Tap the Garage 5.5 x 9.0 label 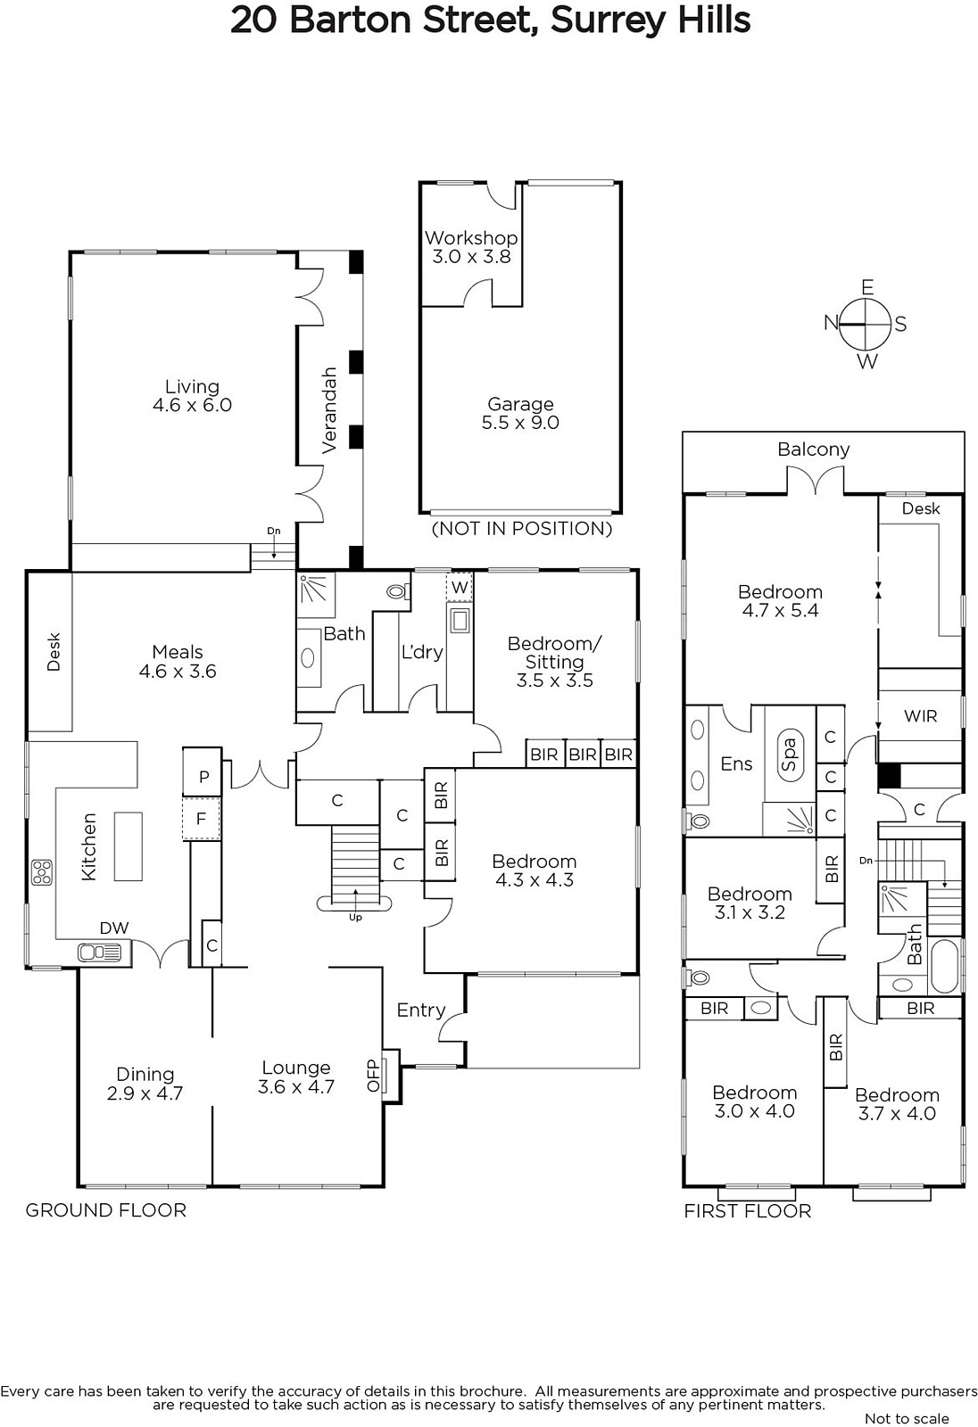[520, 413]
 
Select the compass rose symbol [866, 325]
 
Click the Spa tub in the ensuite [790, 755]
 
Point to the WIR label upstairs [920, 716]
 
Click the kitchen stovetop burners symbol [42, 872]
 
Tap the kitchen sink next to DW [99, 953]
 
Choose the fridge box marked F [202, 818]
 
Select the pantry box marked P [203, 777]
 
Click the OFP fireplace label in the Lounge [373, 1076]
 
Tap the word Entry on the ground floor [421, 1010]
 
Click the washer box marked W [459, 587]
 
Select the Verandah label [329, 410]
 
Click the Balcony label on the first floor [814, 450]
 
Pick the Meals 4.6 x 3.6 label [178, 661]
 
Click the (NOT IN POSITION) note [521, 529]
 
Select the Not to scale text [907, 1418]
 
